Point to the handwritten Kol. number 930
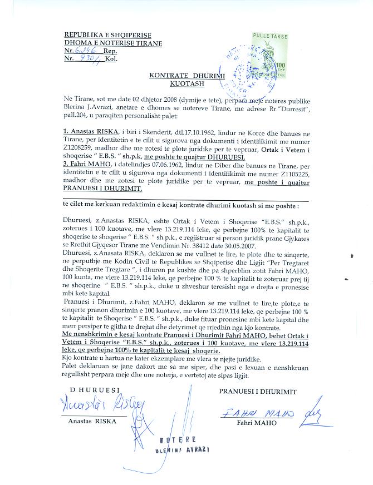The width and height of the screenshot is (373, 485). point(89,58)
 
